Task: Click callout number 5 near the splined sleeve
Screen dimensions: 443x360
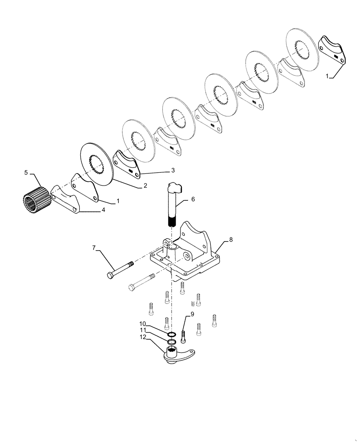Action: [x=26, y=172]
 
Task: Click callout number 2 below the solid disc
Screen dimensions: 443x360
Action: [x=145, y=187]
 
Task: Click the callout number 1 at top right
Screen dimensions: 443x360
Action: [x=327, y=76]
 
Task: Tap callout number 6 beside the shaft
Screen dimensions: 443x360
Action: [x=193, y=199]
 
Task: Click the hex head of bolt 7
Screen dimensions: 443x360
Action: [x=110, y=276]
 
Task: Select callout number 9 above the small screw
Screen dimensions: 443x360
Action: [x=192, y=315]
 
